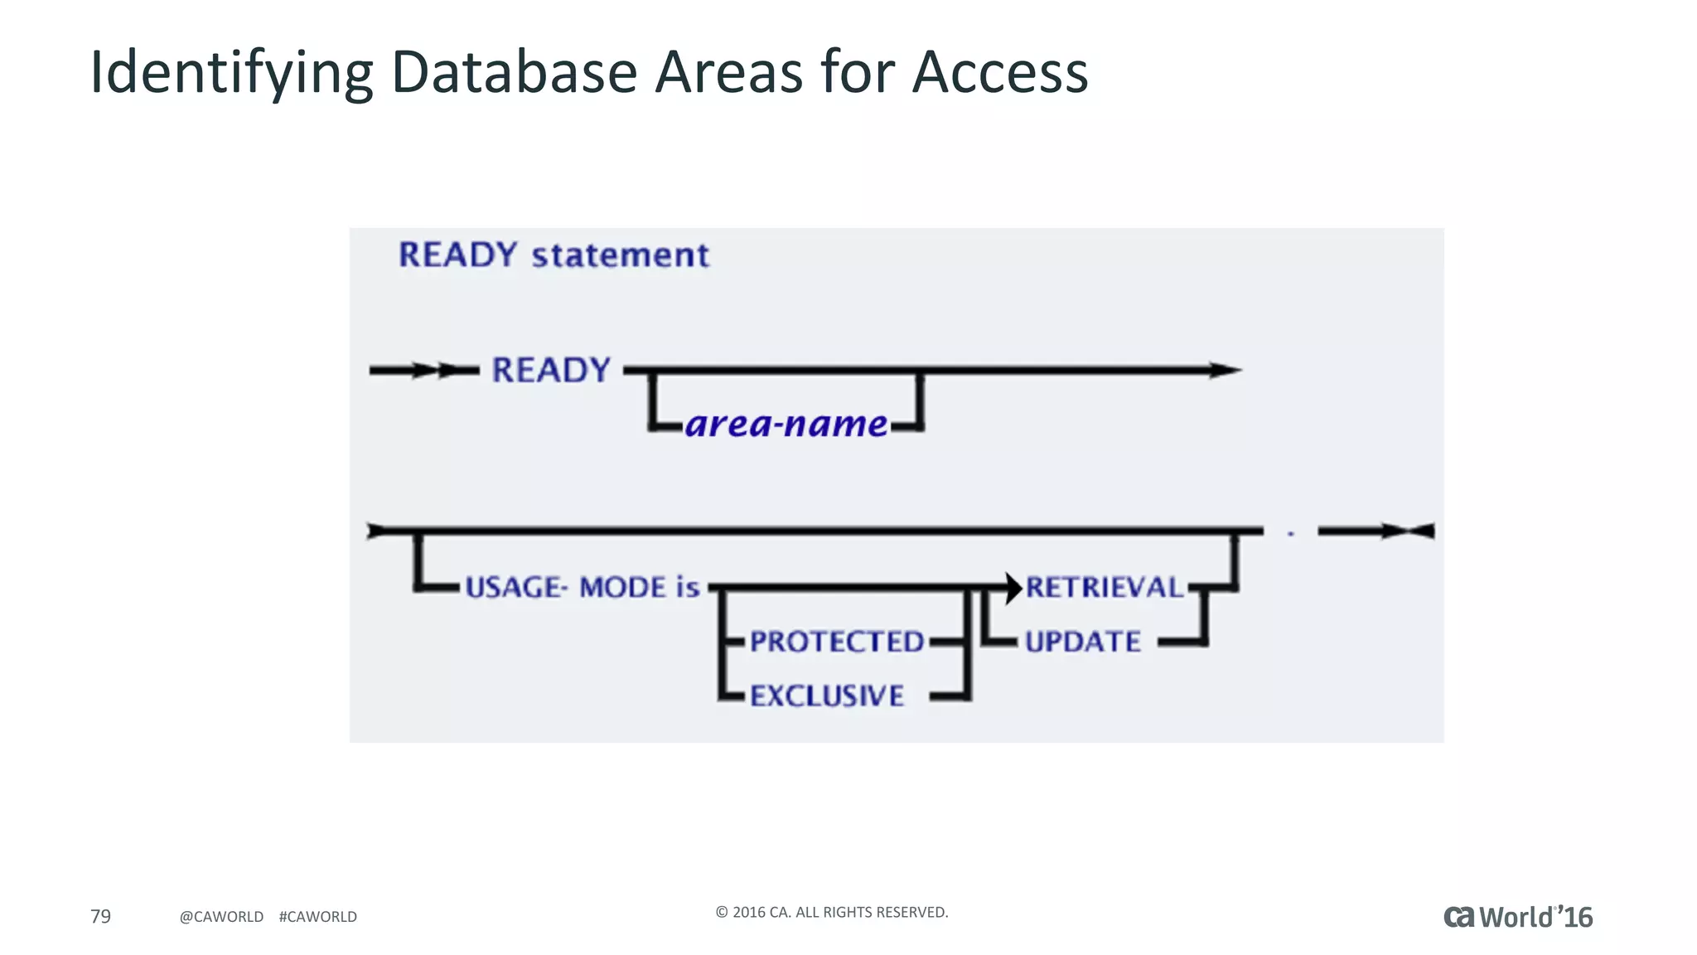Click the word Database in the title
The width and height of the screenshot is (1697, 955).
(x=514, y=73)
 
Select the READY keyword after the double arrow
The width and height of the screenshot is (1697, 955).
(x=551, y=371)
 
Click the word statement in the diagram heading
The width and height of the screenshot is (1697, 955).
(x=620, y=255)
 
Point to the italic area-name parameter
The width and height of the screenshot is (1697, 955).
(x=786, y=424)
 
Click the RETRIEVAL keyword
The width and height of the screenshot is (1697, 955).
(x=1105, y=588)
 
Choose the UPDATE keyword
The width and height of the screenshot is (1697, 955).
(x=1082, y=642)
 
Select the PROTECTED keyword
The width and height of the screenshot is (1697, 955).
(x=836, y=642)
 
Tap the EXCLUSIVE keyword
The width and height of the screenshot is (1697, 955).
(x=826, y=696)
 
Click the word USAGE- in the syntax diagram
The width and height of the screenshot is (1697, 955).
(x=515, y=588)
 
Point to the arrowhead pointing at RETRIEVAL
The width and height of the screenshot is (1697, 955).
(x=1013, y=588)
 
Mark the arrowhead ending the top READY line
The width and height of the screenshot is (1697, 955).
(x=1224, y=371)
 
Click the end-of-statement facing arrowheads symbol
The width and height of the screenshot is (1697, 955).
(x=1407, y=531)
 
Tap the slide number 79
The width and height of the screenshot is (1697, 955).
(x=100, y=916)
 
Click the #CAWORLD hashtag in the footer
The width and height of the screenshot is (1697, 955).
(x=317, y=917)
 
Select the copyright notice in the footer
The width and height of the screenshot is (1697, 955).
(x=831, y=912)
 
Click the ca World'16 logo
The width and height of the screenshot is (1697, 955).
(x=1517, y=917)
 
